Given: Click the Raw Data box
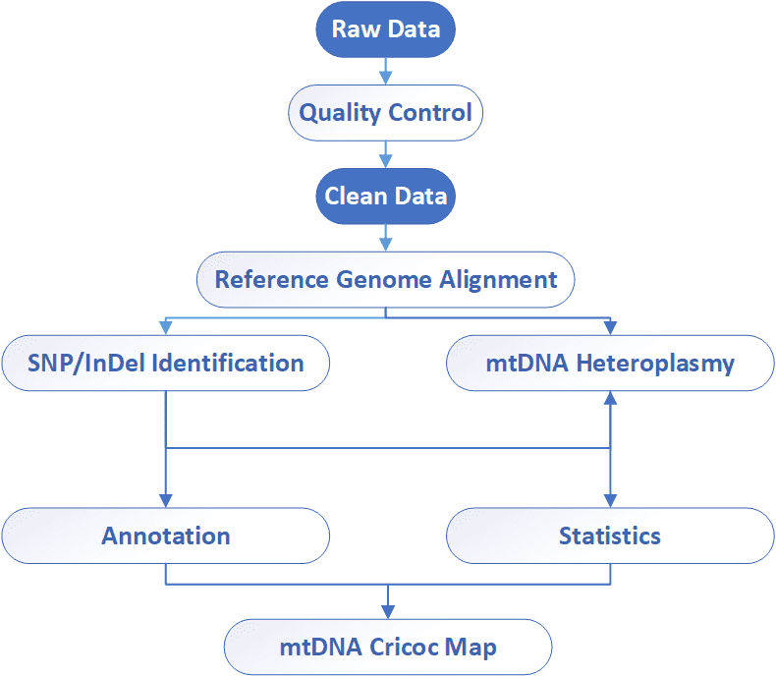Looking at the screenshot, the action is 385,29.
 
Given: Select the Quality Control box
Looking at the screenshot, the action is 385,113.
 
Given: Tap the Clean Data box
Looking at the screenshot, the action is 385,196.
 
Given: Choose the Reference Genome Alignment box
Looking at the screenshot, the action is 385,280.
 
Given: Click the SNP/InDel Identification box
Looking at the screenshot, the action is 166,363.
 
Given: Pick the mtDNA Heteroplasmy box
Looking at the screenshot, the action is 610,363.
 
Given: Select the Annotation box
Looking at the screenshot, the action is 166,536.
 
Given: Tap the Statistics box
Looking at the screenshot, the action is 610,536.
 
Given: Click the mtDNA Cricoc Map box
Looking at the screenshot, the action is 388,647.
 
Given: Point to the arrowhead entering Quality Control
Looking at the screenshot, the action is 385,79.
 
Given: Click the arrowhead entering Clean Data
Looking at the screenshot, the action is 385,161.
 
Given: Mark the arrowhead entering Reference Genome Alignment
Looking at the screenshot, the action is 385,245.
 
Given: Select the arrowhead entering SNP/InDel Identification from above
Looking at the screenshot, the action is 166,328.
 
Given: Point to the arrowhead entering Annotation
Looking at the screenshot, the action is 166,501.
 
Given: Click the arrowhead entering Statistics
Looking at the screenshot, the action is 610,501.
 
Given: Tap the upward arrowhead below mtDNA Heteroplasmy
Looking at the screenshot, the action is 610,398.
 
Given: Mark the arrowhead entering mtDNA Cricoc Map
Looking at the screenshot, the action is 388,612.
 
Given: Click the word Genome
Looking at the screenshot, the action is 383,281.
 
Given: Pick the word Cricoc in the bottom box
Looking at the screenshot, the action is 403,647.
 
